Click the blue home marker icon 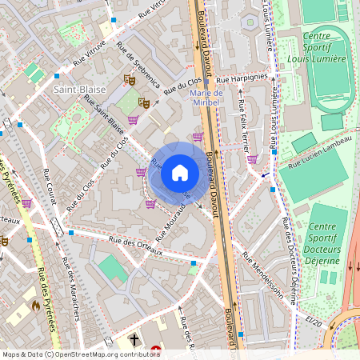[x=180, y=172]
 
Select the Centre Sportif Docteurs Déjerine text [x=322, y=243]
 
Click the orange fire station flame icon [x=35, y=305]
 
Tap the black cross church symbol [x=134, y=341]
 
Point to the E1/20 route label [x=313, y=321]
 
